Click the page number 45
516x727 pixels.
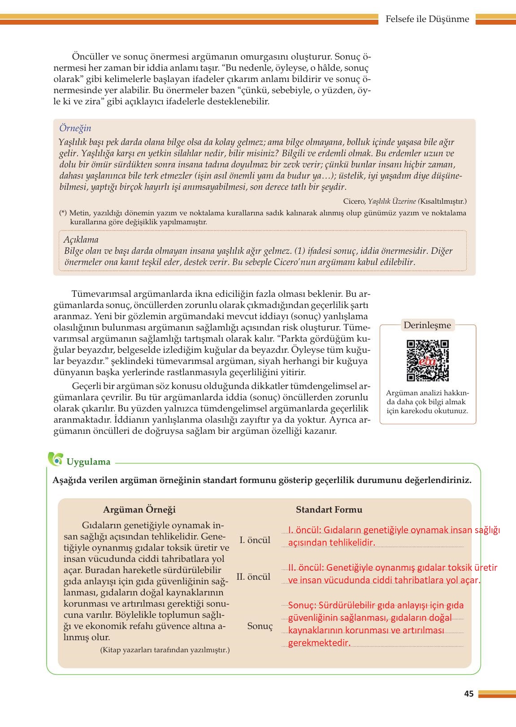(x=468, y=694)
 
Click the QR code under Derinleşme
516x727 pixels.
(x=428, y=361)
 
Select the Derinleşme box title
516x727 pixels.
(x=427, y=325)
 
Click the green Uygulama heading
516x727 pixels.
(x=88, y=462)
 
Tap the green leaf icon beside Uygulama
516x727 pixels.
(x=56, y=459)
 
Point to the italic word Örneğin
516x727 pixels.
(x=75, y=128)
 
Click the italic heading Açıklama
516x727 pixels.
(x=81, y=239)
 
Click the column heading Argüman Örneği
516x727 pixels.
(x=139, y=509)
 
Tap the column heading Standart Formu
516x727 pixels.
(x=329, y=509)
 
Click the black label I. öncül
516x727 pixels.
(x=255, y=540)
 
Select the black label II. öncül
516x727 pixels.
(x=253, y=577)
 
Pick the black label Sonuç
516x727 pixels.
(x=260, y=626)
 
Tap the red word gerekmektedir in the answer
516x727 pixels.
(x=318, y=643)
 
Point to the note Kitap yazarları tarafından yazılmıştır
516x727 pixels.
(x=165, y=649)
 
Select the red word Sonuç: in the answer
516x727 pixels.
(x=302, y=606)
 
